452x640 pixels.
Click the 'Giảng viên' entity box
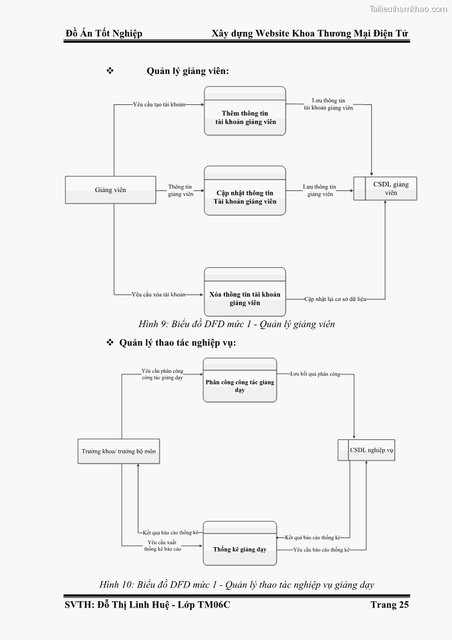tap(111, 190)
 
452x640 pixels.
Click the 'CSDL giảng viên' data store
tap(385, 189)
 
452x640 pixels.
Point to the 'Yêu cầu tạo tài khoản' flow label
tap(159, 105)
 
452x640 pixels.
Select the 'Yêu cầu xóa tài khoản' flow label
tap(159, 295)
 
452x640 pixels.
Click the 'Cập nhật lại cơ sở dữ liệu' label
tap(335, 299)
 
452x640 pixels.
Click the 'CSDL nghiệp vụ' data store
tap(366, 450)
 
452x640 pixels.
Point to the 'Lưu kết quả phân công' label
tap(315, 374)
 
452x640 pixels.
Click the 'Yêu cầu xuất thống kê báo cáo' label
tap(162, 545)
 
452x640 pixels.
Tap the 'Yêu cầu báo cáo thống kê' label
tap(321, 549)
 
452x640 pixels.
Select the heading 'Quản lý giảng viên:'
tap(188, 71)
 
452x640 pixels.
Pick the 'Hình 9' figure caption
tap(236, 324)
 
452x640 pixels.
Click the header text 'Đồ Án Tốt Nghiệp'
tap(104, 33)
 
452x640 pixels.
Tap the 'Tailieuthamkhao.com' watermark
tap(408, 9)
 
